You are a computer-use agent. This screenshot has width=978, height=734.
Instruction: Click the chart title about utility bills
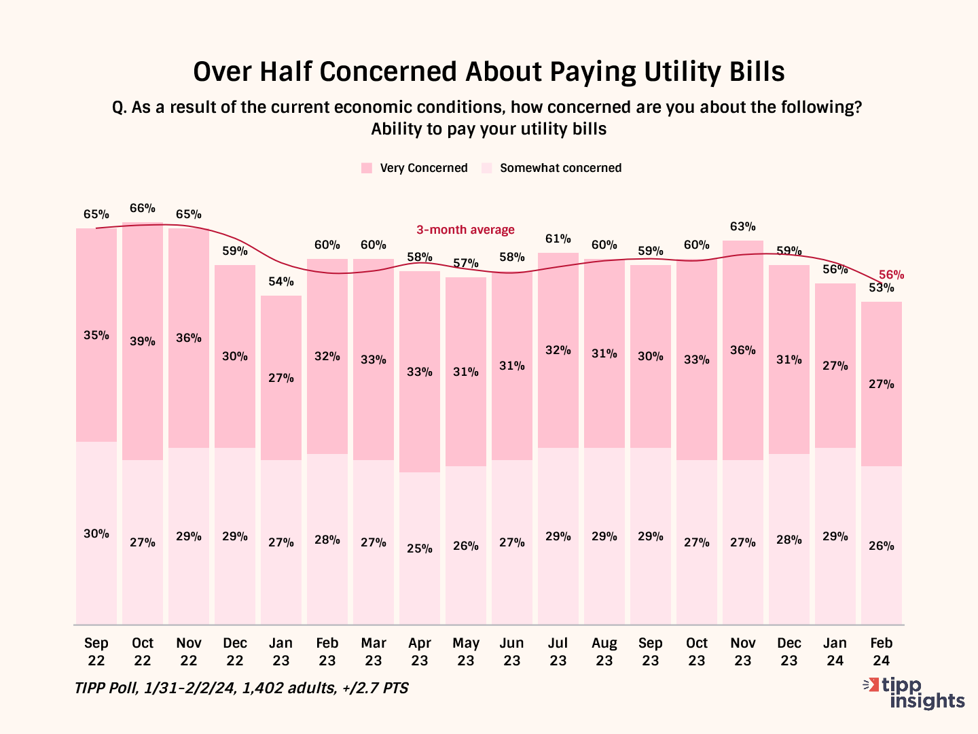tap(489, 72)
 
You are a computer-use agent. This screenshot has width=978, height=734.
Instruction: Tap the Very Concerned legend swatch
tap(367, 168)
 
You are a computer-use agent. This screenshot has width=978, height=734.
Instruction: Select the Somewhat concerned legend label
tap(560, 168)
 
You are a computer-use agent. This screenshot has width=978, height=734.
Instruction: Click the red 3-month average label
tap(465, 230)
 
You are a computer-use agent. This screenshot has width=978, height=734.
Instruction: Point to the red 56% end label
tap(891, 275)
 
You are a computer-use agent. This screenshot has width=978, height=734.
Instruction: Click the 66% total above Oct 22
tap(143, 208)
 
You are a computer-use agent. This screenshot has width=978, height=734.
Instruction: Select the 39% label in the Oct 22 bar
tap(143, 341)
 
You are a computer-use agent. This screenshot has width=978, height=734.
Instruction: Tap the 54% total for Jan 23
tap(281, 281)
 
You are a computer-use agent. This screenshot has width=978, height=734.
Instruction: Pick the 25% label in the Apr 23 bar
tap(420, 548)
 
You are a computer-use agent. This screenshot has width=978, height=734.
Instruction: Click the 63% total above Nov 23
tap(743, 226)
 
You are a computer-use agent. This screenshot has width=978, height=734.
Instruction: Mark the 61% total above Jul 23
tap(558, 239)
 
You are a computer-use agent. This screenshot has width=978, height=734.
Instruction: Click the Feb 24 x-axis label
tap(882, 652)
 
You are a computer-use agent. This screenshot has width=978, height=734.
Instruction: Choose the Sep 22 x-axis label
tap(96, 652)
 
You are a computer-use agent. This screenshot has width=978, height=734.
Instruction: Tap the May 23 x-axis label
tap(466, 652)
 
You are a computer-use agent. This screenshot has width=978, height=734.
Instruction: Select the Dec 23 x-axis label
tap(789, 652)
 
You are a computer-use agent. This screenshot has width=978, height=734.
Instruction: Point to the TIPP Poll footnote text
tap(242, 688)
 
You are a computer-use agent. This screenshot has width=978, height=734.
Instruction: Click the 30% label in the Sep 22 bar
tap(96, 534)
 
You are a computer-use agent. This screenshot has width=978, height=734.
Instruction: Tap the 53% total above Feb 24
tap(882, 288)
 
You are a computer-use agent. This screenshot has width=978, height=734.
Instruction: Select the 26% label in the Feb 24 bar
tap(882, 546)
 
